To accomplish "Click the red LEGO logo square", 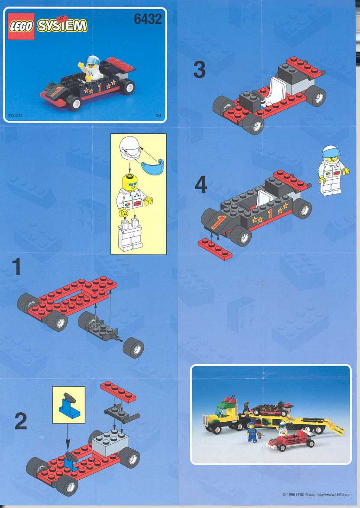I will click(21, 26).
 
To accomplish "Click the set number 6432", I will click(147, 19).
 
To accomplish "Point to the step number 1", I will click(16, 267).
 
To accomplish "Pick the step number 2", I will click(20, 421).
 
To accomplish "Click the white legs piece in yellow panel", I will click(130, 235).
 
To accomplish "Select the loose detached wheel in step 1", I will click(133, 347).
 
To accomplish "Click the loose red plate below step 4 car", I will click(215, 249).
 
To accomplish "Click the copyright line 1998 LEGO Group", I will click(316, 494).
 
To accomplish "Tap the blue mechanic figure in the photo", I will click(252, 432).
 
